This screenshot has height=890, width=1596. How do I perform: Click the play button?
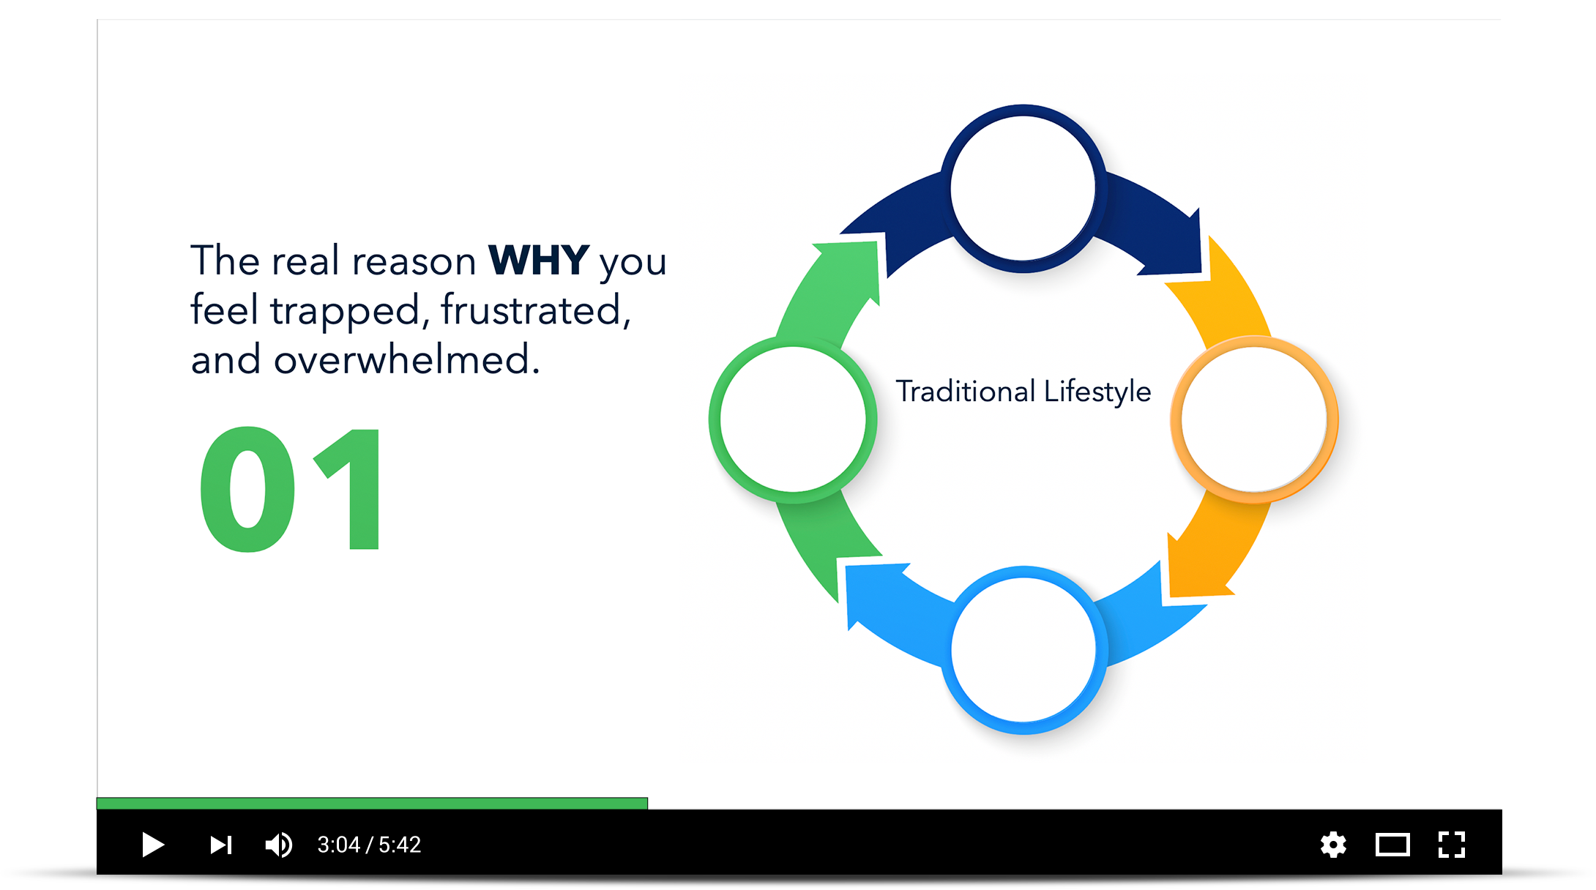(152, 845)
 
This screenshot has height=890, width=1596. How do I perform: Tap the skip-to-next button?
(221, 845)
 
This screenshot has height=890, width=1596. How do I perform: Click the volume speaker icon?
(279, 845)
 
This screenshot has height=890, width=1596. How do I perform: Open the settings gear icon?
(1333, 845)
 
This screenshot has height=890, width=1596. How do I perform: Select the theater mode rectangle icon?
(1392, 845)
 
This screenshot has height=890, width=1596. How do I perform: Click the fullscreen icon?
(1452, 845)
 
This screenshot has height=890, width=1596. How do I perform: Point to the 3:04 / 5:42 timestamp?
(369, 845)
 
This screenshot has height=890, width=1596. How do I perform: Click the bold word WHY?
(539, 260)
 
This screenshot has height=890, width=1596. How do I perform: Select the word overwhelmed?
(406, 359)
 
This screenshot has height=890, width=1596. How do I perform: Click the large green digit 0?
(247, 489)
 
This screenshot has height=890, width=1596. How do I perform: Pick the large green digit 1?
(347, 489)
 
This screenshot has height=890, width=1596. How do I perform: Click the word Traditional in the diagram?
(966, 392)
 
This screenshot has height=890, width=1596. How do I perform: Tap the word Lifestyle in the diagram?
(1097, 392)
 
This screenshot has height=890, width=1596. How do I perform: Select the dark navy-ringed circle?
(1023, 189)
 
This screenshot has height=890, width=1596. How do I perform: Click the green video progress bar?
(372, 804)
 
